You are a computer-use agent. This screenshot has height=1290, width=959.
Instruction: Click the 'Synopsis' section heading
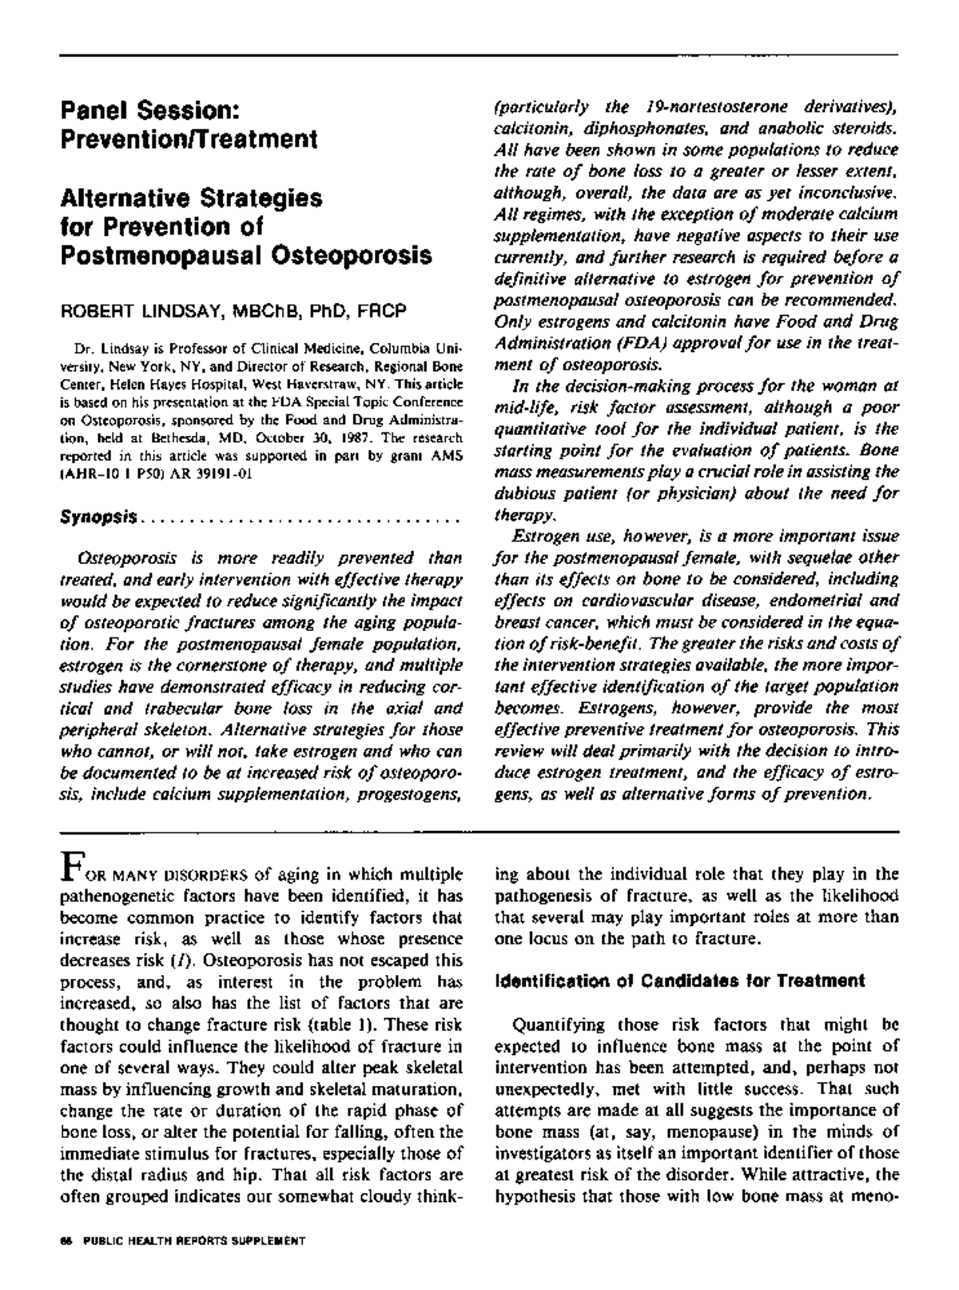click(x=99, y=517)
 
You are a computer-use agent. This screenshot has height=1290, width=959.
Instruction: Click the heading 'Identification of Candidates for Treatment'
click(x=679, y=980)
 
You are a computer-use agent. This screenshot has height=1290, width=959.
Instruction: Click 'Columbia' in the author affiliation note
click(x=406, y=349)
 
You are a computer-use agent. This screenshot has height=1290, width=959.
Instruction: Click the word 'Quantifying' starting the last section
click(x=551, y=1024)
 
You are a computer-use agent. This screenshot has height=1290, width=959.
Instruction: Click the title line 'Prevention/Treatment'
click(x=189, y=139)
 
